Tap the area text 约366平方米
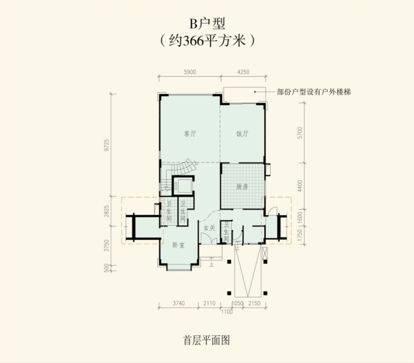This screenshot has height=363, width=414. click(207, 41)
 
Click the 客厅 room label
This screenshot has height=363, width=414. click(190, 134)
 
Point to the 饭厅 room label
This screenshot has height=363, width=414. click(242, 134)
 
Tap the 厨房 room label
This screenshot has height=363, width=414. click(242, 187)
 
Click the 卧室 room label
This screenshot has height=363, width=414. click(178, 245)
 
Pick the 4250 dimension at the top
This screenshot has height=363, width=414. click(243, 72)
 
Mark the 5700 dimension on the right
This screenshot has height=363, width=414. click(300, 133)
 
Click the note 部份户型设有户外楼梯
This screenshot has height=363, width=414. click(317, 91)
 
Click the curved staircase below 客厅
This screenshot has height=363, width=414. click(180, 168)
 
